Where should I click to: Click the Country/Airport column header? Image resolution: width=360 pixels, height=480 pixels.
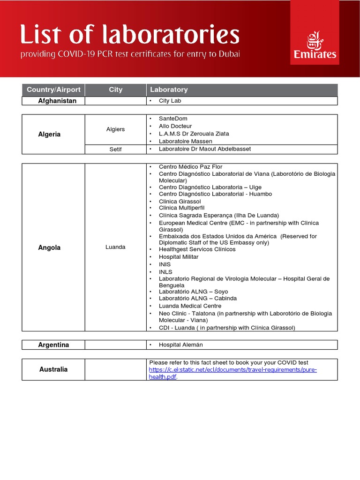53,90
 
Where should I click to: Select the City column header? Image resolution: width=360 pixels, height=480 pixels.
115,90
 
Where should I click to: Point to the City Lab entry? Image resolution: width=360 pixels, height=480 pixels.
170,101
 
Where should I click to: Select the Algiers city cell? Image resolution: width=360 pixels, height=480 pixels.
115,129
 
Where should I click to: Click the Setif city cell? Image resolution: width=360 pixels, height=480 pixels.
115,149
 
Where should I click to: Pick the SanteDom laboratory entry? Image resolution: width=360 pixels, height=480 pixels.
173,119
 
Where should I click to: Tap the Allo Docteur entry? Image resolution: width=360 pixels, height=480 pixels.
175,126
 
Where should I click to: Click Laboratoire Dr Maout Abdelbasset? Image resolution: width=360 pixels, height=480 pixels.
205,149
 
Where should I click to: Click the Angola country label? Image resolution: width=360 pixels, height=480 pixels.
49,247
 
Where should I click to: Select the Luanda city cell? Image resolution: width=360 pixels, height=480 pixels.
115,247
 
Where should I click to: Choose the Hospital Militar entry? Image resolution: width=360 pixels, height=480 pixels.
179,257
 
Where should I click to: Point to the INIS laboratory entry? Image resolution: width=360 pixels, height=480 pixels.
165,264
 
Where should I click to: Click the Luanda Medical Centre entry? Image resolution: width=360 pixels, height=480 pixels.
190,306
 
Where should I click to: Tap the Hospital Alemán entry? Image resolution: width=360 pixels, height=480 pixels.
181,345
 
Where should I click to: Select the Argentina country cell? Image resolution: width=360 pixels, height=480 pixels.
53,345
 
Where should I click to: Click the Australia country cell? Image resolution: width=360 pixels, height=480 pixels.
53,369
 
